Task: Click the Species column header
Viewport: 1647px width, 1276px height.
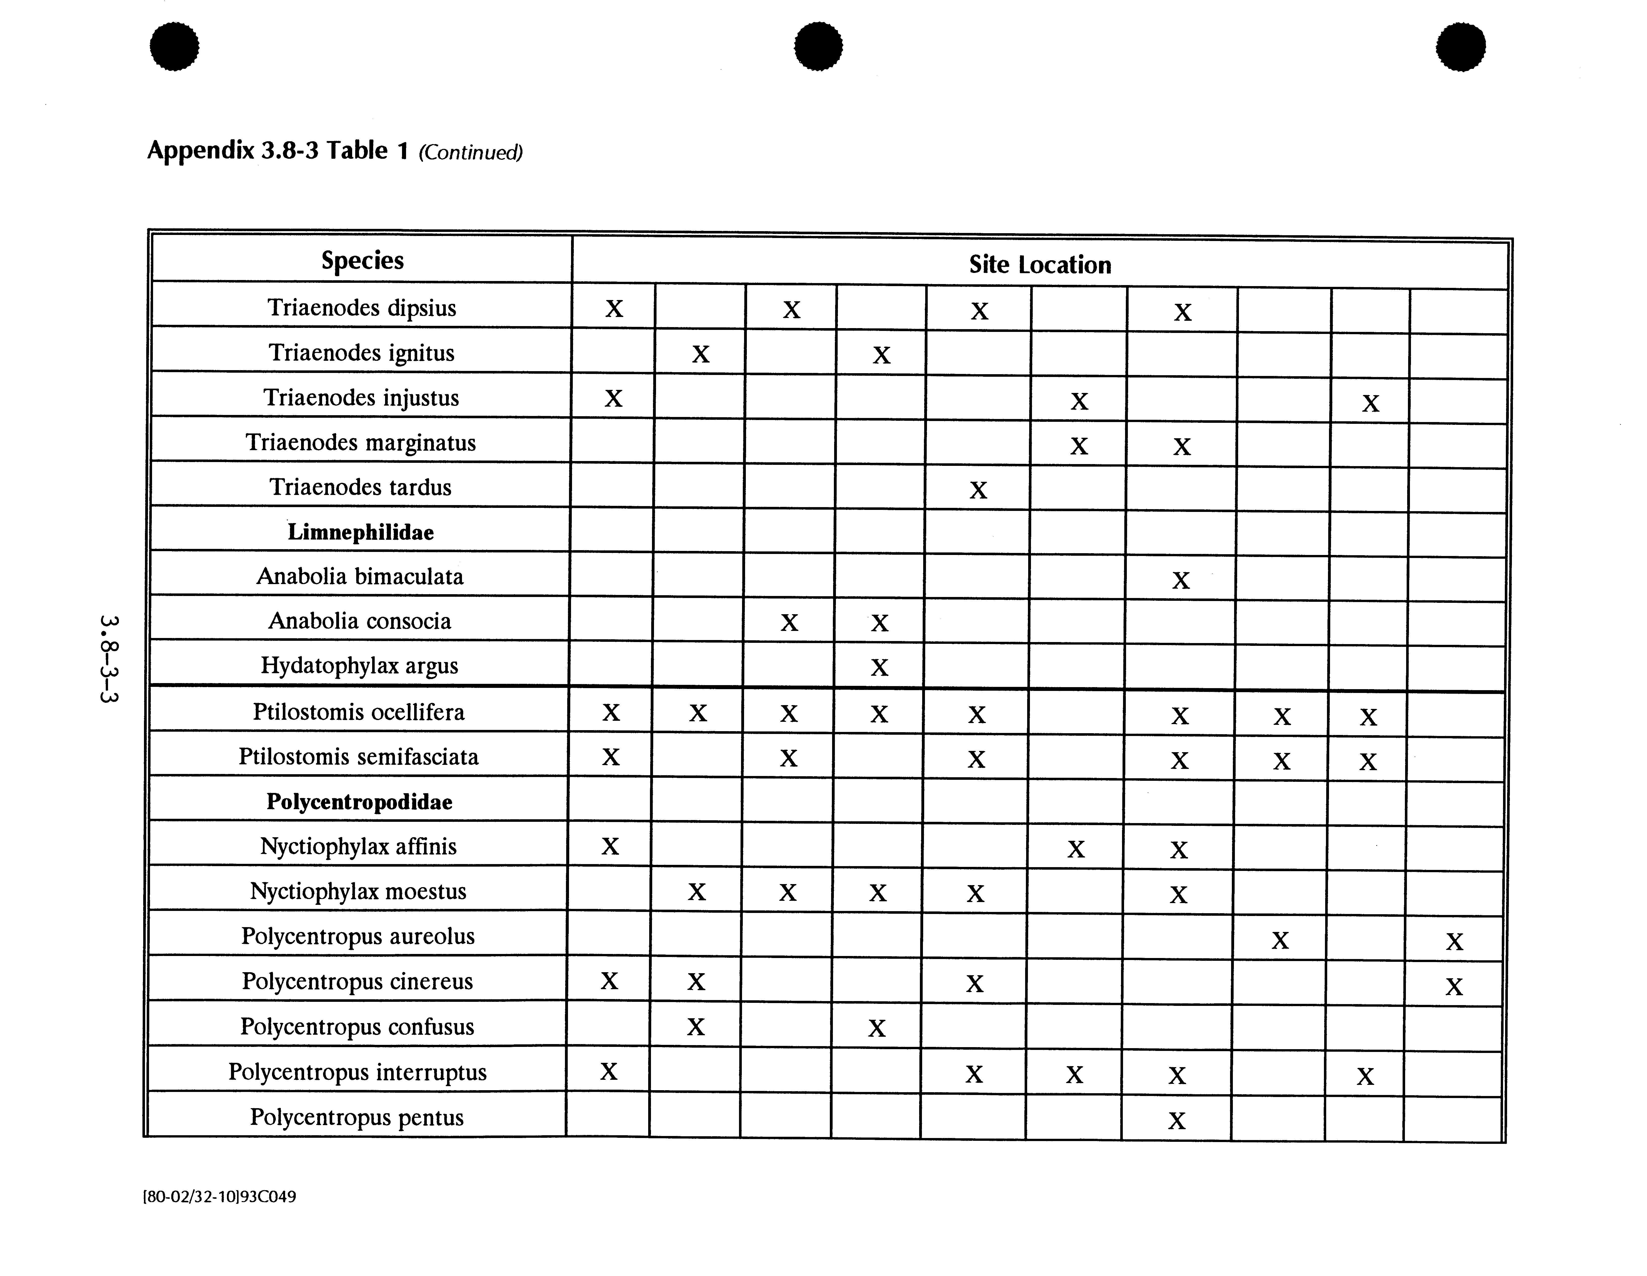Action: pyautogui.click(x=362, y=260)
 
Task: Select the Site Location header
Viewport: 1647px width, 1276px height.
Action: pyautogui.click(x=1039, y=265)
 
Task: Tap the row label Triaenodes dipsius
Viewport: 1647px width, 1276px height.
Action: pyautogui.click(x=362, y=308)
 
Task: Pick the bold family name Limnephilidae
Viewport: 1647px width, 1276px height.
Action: pyautogui.click(x=361, y=532)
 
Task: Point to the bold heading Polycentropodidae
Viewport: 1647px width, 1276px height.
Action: pyautogui.click(x=359, y=801)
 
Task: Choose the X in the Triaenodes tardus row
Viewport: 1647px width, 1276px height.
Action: pyautogui.click(x=978, y=490)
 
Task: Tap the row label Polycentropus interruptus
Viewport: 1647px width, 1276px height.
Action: pyautogui.click(x=357, y=1072)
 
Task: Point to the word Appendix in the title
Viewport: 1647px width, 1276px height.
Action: pyautogui.click(x=201, y=151)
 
